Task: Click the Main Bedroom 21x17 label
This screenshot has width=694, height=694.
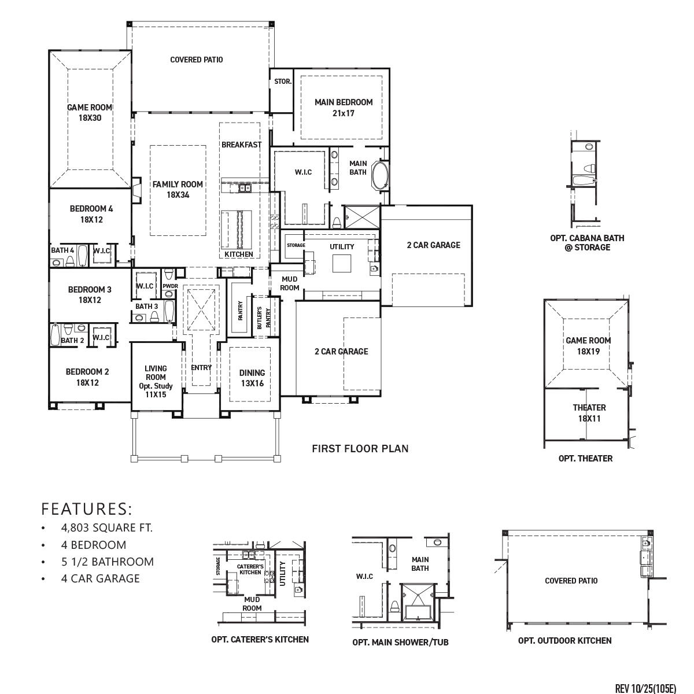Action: [x=344, y=108]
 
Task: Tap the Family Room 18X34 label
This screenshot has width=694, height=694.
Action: [x=178, y=190]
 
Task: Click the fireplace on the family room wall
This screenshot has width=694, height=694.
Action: [x=136, y=190]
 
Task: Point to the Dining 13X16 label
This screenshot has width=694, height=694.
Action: [x=252, y=377]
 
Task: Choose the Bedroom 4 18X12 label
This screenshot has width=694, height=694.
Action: [x=91, y=214]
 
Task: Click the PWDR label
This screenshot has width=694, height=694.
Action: [x=170, y=286]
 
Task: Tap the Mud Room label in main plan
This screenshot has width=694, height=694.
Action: [x=290, y=283]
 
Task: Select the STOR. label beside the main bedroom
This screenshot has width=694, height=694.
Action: [x=283, y=82]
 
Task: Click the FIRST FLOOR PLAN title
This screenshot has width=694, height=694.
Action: [x=360, y=448]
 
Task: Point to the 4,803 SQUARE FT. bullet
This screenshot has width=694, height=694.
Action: [x=106, y=527]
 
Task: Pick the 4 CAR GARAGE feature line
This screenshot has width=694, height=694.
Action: [x=100, y=578]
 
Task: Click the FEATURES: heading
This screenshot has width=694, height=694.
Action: [x=87, y=509]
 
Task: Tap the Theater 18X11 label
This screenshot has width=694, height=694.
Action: [x=589, y=413]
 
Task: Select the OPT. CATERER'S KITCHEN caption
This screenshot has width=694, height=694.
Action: [x=260, y=639]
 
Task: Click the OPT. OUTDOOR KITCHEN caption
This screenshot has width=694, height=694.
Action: [x=564, y=640]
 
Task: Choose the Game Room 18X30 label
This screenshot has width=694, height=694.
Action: [x=90, y=112]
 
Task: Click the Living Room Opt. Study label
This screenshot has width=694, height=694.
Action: [x=156, y=381]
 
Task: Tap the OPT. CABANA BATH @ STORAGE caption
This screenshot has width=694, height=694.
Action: [x=587, y=242]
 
